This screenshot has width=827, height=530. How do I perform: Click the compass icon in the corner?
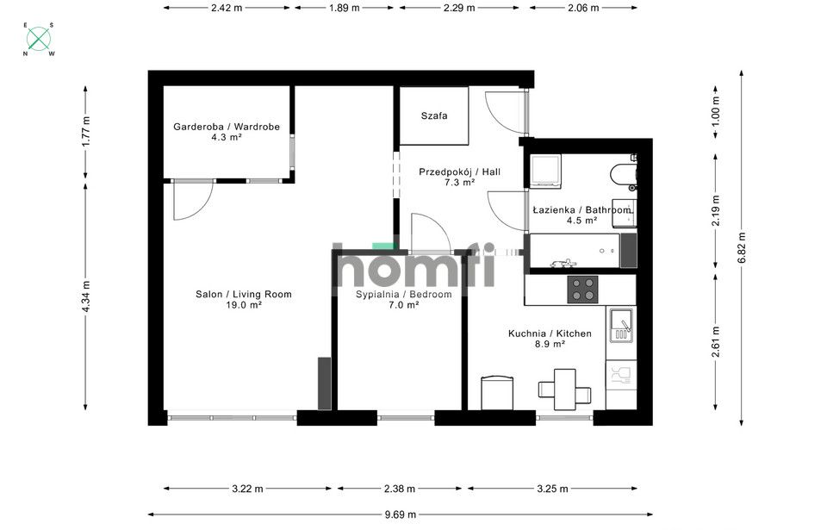click(x=39, y=39)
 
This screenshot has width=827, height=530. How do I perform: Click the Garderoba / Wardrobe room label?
click(x=227, y=127)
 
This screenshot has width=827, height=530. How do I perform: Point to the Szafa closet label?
click(x=433, y=115)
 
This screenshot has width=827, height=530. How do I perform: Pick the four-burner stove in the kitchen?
click(x=583, y=288)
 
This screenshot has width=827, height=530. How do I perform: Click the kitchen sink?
click(x=621, y=325)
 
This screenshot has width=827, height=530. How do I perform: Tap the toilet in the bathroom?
click(x=622, y=175)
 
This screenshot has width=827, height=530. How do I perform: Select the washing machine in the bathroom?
click(x=545, y=171)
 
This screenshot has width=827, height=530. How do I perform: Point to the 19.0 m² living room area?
click(x=243, y=305)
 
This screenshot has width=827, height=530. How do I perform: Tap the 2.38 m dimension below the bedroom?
click(x=399, y=489)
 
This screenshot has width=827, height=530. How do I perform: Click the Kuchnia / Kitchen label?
click(x=549, y=333)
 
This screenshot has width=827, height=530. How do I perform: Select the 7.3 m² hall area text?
click(x=459, y=183)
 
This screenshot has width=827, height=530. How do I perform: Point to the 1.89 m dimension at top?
click(x=344, y=7)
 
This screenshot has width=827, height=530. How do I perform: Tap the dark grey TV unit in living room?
click(x=324, y=383)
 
